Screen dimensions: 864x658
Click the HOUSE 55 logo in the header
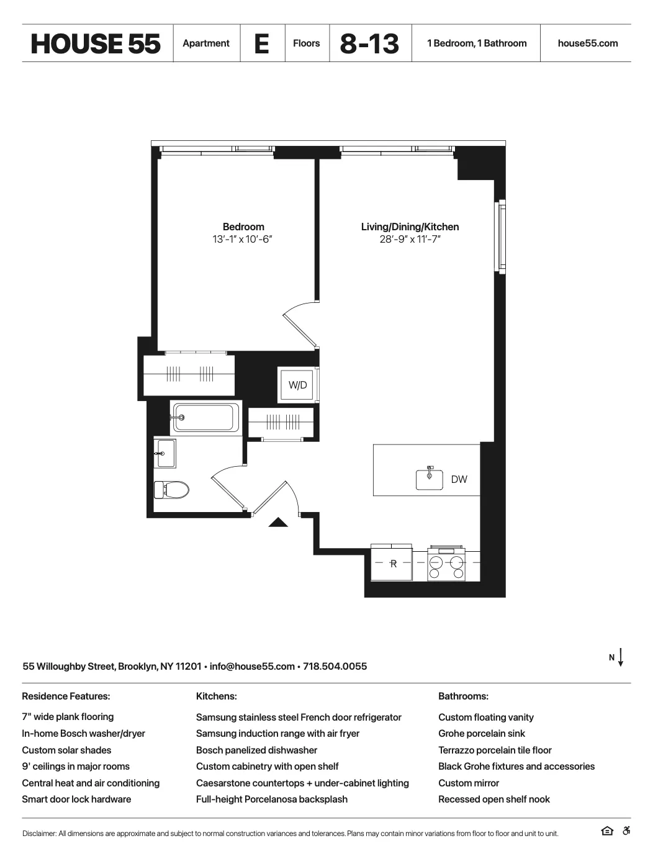96,43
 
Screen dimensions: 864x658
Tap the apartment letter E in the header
262,43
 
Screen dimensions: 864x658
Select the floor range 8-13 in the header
369,43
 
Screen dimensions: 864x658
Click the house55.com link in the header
587,43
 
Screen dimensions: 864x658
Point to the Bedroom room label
243,227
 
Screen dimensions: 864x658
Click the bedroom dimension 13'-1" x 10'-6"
243,240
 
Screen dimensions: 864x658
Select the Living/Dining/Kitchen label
410,227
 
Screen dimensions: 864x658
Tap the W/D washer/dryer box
298,385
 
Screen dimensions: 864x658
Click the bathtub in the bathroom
205,418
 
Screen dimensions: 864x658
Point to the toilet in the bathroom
171,490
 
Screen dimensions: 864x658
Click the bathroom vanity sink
165,454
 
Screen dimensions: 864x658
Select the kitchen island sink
430,479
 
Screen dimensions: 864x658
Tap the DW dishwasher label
459,480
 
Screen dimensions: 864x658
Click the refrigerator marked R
392,564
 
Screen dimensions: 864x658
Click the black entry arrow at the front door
278,523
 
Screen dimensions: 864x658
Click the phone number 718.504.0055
335,667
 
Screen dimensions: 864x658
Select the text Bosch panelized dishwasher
256,750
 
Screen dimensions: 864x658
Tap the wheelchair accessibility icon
626,832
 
